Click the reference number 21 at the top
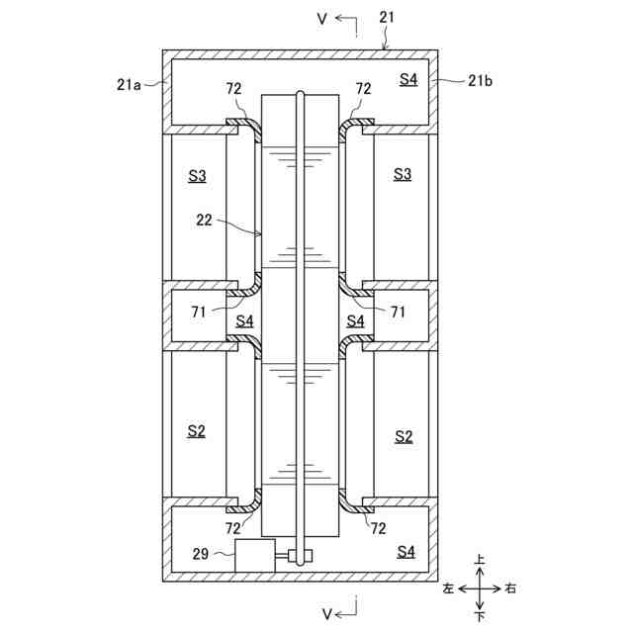[x=386, y=18]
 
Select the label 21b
[x=480, y=81]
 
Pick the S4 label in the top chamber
[x=407, y=79]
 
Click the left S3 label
[x=198, y=175]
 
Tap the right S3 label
[x=403, y=175]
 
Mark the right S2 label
[x=403, y=435]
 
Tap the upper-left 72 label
[x=233, y=89]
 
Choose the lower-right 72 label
[x=377, y=530]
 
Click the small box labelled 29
[x=254, y=556]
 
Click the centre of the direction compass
[x=480, y=588]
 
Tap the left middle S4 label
[x=244, y=321]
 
